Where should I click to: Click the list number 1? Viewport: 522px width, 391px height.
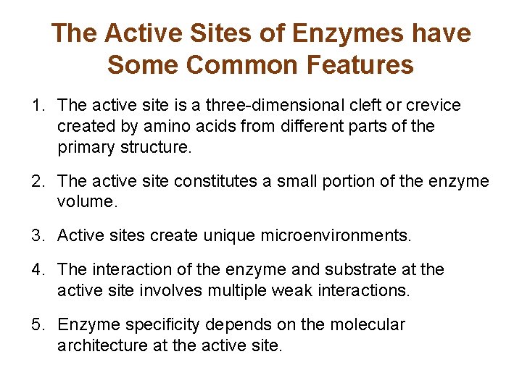click(36, 106)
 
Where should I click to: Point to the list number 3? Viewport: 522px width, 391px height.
click(36, 235)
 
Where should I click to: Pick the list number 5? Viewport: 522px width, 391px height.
click(36, 324)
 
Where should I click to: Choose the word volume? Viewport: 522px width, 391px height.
click(85, 201)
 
